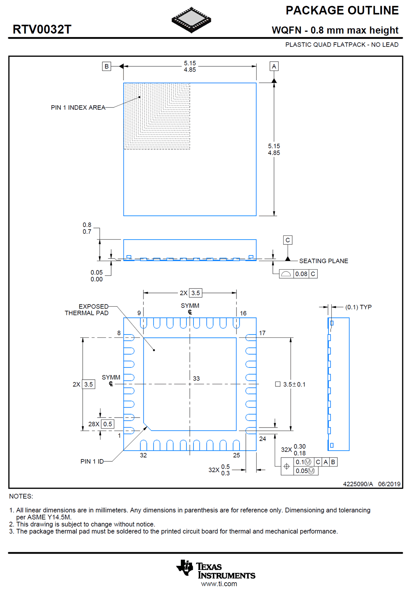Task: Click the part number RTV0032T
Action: point(42,30)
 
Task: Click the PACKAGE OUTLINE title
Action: point(342,10)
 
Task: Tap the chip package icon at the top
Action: point(191,20)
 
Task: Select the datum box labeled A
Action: point(274,66)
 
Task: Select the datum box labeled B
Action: point(106,66)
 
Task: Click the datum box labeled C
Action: point(288,240)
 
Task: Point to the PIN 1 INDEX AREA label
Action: point(78,108)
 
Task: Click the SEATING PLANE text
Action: point(323,261)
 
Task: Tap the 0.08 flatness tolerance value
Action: point(301,274)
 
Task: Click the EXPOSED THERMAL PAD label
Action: point(87,310)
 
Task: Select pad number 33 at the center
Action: point(196,379)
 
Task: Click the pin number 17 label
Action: point(262,333)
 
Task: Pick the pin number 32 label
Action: point(143,455)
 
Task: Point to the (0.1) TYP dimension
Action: point(358,307)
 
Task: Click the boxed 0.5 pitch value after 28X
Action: point(108,424)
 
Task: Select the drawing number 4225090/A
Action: point(358,484)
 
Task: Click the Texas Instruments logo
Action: point(216,570)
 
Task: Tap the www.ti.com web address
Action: point(219,584)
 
